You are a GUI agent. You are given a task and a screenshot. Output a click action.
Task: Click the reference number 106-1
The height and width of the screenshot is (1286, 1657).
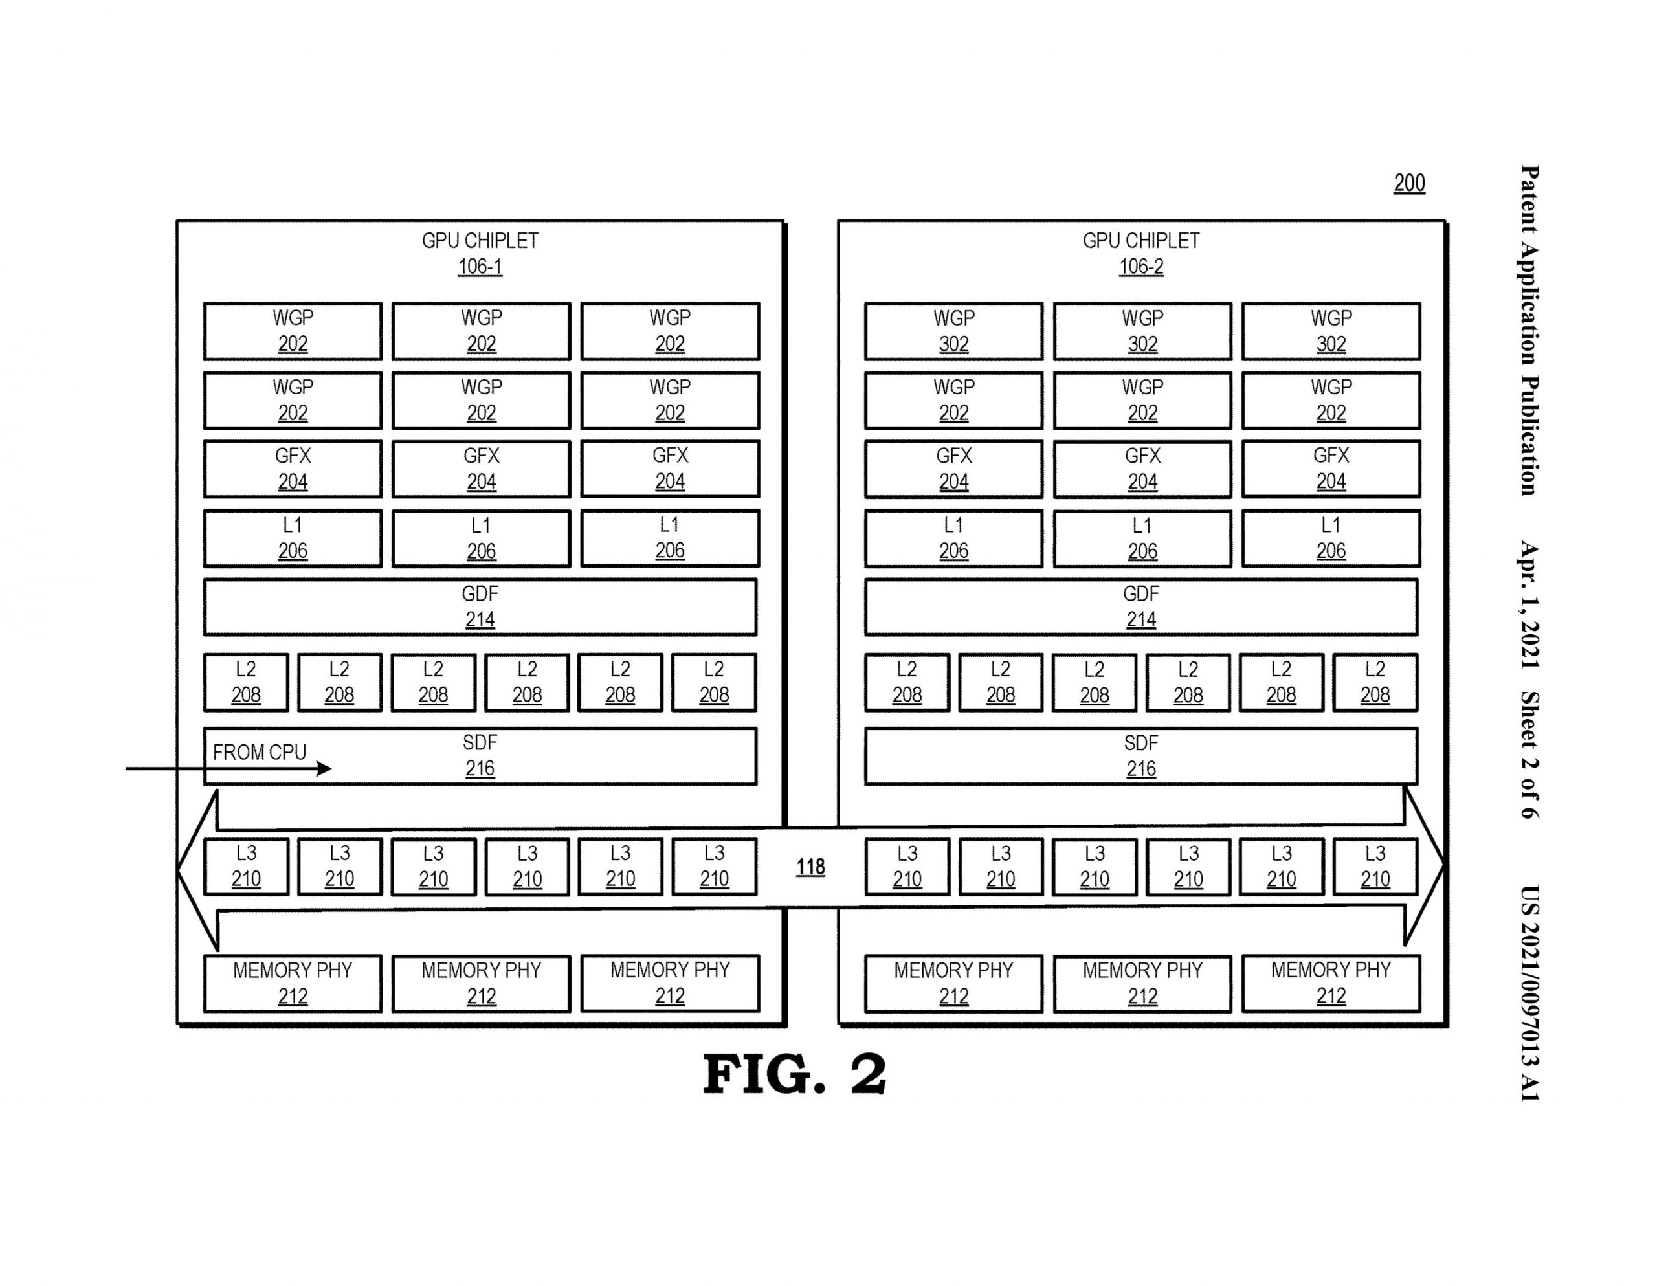coord(480,266)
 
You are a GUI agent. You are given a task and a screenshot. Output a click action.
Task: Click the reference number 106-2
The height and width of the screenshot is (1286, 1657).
coord(1140,266)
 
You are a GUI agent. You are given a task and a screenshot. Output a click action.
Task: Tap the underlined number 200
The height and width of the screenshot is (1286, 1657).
coord(1409,183)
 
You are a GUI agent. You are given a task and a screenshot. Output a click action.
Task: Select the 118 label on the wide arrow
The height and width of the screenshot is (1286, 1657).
coord(810,867)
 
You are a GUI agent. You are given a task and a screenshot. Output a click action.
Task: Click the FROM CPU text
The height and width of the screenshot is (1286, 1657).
coord(259,752)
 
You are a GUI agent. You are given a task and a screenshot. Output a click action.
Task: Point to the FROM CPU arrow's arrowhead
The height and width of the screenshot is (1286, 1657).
coord(326,769)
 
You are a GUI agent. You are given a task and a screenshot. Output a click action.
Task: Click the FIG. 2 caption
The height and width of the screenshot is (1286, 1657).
coord(794,1074)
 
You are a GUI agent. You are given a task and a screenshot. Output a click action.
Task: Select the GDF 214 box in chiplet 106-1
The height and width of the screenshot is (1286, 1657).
coord(480,607)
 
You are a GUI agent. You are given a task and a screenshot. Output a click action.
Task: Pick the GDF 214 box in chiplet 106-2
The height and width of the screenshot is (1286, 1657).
coord(1140,607)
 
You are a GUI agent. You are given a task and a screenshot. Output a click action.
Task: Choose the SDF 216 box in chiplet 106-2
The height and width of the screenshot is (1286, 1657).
coord(1140,756)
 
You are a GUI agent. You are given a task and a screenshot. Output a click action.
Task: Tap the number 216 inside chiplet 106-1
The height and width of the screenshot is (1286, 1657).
coord(480,769)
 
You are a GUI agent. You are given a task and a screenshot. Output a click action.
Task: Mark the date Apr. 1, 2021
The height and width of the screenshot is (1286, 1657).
coord(1529,604)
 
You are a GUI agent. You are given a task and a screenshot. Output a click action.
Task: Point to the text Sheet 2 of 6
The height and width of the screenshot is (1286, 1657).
coord(1529,754)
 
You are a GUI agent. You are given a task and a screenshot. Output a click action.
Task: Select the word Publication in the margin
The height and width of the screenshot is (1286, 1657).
coord(1529,436)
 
